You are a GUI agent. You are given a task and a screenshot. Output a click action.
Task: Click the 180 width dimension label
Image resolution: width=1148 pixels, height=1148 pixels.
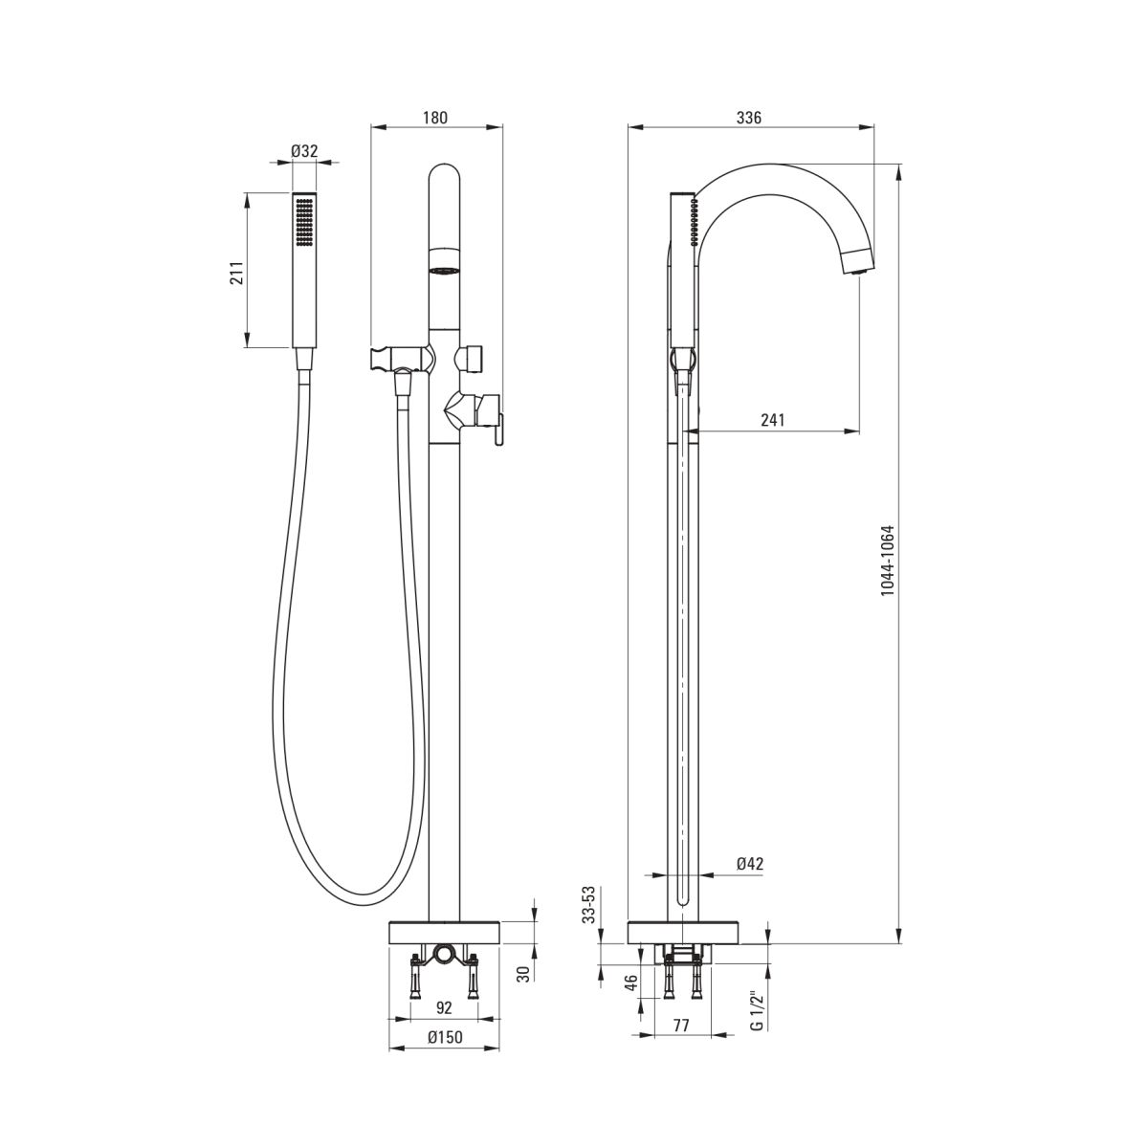click(435, 118)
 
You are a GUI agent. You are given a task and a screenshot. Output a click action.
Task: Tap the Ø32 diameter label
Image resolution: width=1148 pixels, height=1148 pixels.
click(304, 151)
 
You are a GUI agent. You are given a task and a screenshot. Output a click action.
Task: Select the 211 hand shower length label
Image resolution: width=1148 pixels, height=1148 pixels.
click(236, 273)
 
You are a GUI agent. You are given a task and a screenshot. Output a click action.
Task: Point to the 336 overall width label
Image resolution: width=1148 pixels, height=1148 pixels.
click(749, 118)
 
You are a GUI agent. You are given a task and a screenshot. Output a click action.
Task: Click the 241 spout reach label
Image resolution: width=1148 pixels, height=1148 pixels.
click(773, 420)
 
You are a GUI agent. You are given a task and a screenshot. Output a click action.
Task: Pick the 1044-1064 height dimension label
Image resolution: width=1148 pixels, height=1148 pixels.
click(888, 561)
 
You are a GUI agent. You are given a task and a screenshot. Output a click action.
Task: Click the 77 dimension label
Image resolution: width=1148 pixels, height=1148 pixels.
click(681, 1026)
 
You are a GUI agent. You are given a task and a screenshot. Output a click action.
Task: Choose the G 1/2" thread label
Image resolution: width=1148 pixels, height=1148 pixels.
click(756, 1010)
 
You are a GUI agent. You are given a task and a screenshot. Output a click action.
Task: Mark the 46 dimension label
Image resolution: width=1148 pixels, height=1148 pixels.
click(631, 982)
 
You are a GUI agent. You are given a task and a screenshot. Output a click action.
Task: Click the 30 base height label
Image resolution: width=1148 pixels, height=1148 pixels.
click(522, 974)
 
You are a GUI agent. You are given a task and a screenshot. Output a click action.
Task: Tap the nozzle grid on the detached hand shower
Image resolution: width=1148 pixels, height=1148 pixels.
click(304, 222)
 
